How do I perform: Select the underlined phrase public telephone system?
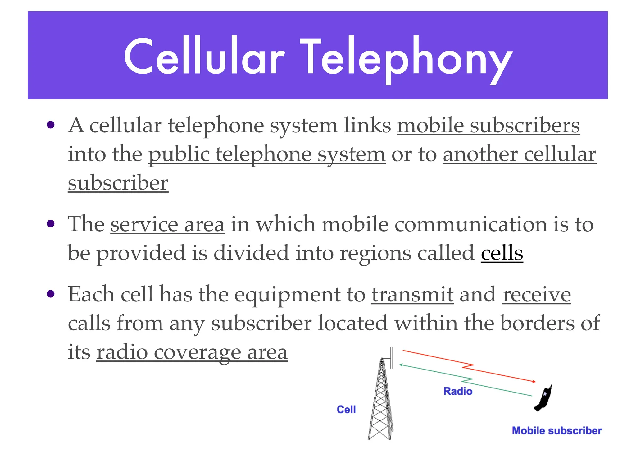tap(267, 154)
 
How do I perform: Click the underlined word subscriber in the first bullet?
tap(118, 183)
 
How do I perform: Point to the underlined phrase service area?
tap(167, 224)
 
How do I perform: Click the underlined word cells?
tap(502, 253)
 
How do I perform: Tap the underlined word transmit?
tap(412, 294)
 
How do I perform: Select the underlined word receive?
tap(537, 294)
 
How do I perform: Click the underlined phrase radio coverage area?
tap(192, 352)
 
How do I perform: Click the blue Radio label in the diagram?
tap(458, 391)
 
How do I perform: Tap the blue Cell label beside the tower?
tap(346, 410)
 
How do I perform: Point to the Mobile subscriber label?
tap(556, 431)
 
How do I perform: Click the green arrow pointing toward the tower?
tap(466, 380)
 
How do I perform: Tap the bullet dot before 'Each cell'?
tap(51, 294)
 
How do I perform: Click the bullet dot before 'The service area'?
tap(51, 223)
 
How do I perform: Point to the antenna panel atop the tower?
tap(392, 358)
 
